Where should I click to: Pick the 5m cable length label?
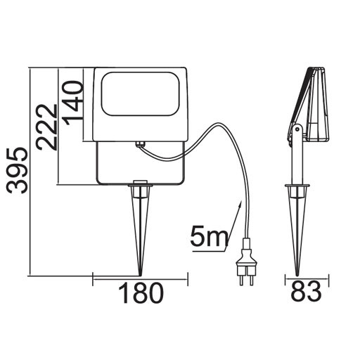tap(207, 237)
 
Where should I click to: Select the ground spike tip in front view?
tap(141, 272)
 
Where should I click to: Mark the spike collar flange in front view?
tap(141, 185)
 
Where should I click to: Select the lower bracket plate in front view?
tap(141, 165)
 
